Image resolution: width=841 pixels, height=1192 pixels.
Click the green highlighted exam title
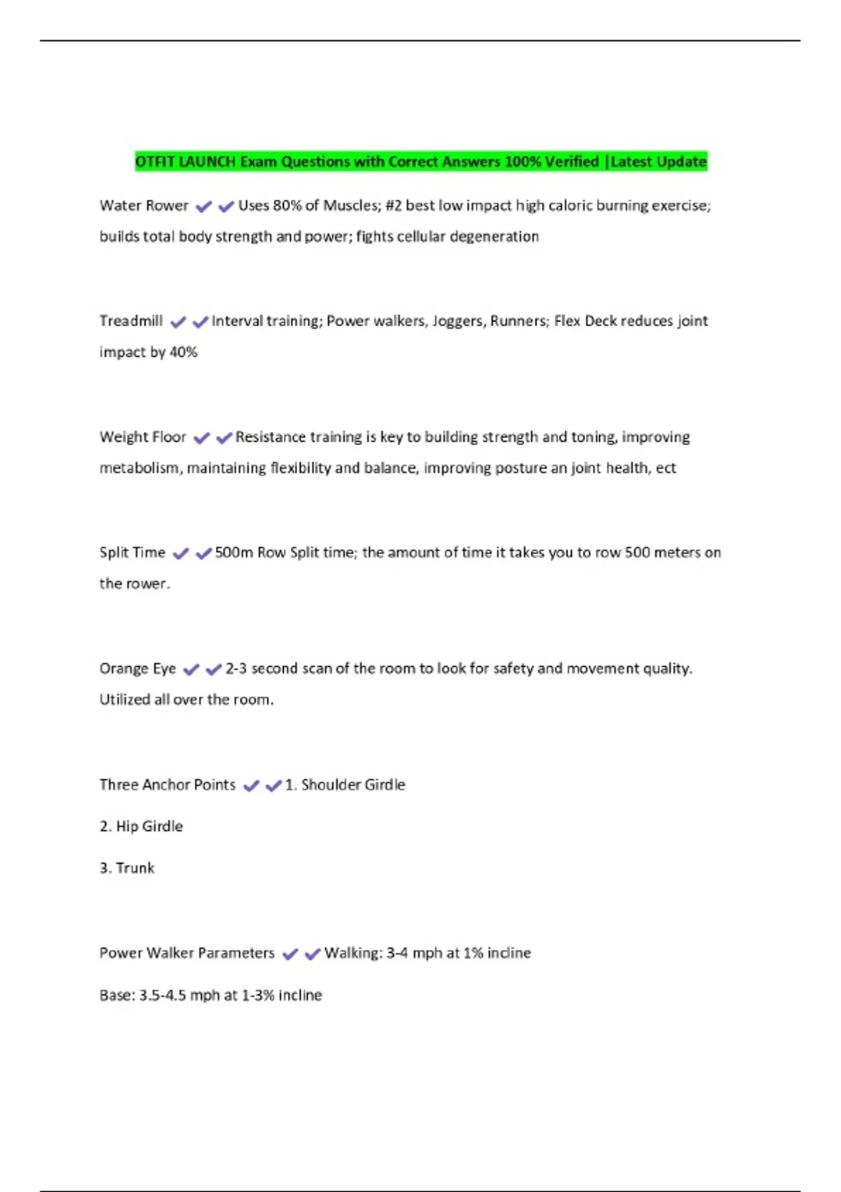420,162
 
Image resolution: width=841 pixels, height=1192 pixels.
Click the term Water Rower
144,205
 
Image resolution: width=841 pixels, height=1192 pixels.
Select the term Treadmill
131,321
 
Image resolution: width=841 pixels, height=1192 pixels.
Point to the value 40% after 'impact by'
184,352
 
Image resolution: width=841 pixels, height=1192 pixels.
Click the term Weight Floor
143,437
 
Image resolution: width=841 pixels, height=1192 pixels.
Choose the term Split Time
132,553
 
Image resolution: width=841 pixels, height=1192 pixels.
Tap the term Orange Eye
137,668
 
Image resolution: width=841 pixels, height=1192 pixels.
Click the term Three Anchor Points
167,785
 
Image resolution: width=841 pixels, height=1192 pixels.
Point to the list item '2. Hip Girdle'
141,826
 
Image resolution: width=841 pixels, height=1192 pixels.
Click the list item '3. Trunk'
127,868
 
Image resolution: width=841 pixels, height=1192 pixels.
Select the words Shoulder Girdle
353,785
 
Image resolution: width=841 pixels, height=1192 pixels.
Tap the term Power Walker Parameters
187,953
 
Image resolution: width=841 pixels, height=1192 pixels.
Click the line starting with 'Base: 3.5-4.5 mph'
210,995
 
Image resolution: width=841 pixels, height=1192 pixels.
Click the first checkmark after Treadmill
178,322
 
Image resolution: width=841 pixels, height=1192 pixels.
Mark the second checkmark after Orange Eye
214,670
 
